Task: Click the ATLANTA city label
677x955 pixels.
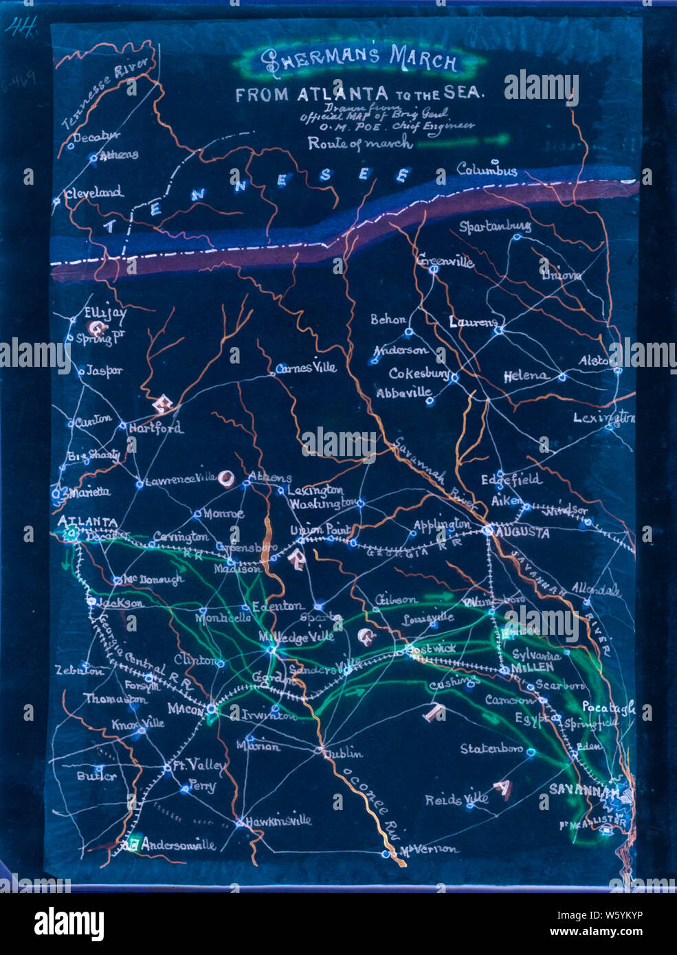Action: tap(87, 521)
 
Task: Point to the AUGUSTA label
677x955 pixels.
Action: tap(524, 532)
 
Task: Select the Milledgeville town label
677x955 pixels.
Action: tap(296, 637)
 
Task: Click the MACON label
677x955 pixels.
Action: tap(186, 708)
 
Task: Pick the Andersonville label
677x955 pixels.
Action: tap(178, 845)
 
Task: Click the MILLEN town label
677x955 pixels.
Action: tap(533, 667)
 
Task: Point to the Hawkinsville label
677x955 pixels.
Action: tap(278, 820)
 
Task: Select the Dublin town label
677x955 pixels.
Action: tap(343, 753)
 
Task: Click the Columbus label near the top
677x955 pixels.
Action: tap(487, 169)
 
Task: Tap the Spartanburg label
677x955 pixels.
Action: tap(495, 226)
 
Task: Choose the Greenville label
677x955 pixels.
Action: tap(445, 260)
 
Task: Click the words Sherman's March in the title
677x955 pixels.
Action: tap(359, 60)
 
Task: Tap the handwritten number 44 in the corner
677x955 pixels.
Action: tap(21, 27)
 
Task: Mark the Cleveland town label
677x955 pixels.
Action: tap(94, 193)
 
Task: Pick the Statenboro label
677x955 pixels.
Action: tap(491, 748)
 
